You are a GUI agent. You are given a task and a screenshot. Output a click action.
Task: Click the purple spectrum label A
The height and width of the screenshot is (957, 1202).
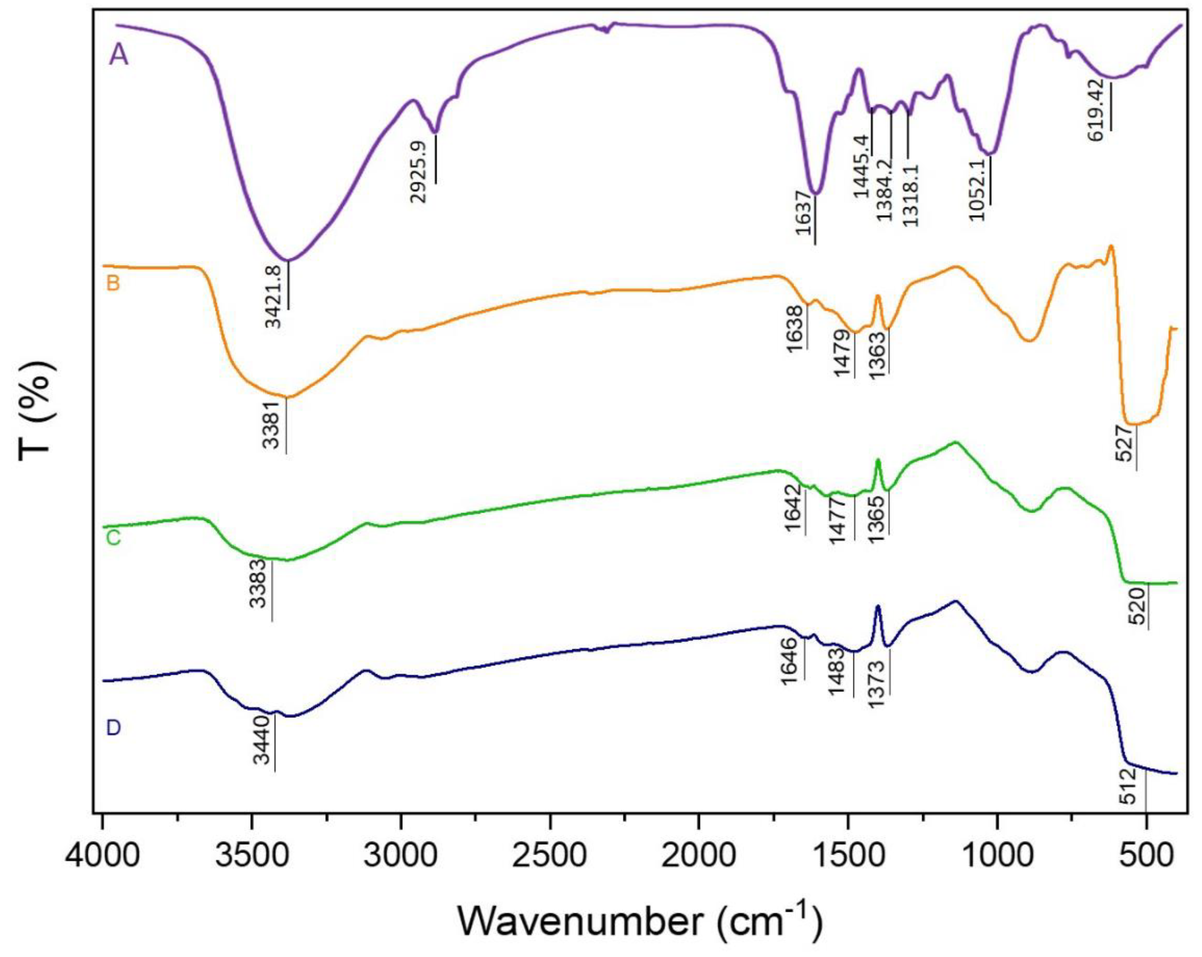119,56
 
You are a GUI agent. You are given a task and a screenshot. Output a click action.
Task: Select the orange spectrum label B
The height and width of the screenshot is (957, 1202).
113,284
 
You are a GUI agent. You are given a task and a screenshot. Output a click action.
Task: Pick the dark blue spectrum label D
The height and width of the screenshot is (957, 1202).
113,728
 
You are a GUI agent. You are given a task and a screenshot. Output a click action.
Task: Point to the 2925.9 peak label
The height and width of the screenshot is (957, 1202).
418,172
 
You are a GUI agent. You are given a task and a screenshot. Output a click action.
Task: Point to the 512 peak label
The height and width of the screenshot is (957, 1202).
1128,786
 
